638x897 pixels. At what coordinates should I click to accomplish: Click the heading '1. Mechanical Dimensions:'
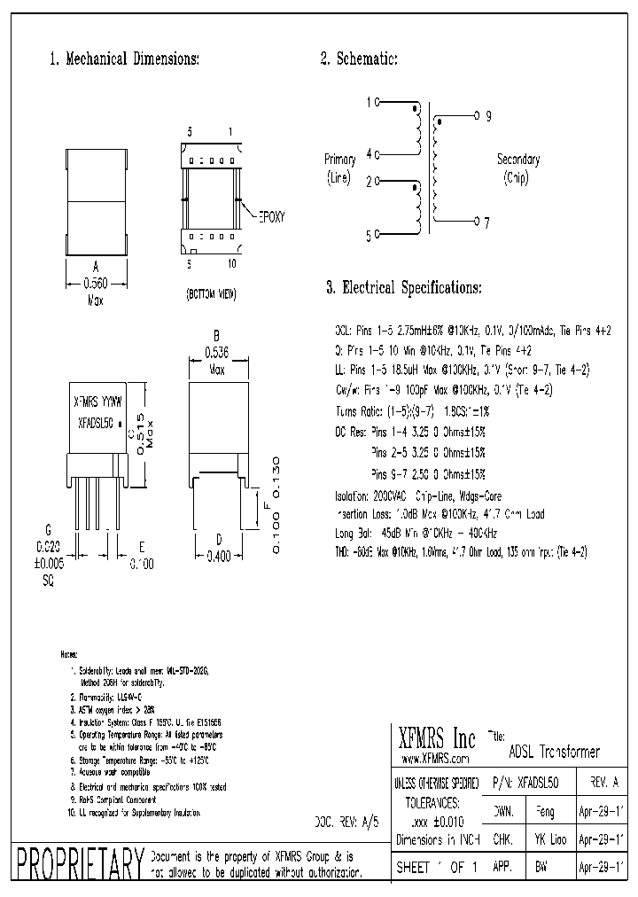click(x=124, y=59)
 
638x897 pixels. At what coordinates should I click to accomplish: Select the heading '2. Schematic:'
click(x=358, y=59)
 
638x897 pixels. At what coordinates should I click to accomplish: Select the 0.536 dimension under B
click(x=217, y=352)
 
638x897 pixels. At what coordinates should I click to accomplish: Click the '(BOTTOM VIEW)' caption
click(x=211, y=292)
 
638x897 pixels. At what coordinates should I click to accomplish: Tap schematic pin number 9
click(x=488, y=116)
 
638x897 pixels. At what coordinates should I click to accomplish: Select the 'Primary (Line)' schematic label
click(x=340, y=168)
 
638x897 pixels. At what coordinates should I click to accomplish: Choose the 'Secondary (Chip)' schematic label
click(x=517, y=168)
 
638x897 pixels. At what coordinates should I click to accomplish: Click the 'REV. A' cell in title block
click(x=603, y=784)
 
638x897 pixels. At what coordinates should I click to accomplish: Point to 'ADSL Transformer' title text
click(x=555, y=752)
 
